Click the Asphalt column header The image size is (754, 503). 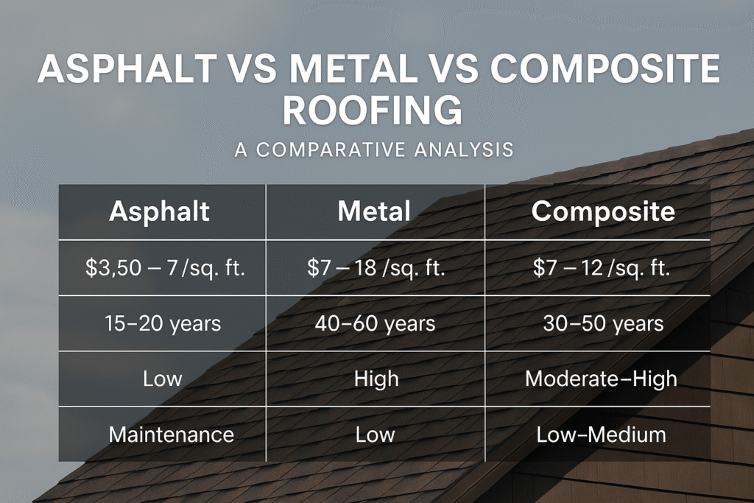coord(160,212)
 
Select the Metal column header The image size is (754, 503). coord(374,212)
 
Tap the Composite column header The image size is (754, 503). coord(603,212)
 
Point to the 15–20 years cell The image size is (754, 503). coord(164,323)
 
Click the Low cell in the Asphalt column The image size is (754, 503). coord(162,379)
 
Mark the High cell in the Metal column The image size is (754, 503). coord(376,379)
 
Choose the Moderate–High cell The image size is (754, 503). coord(601,379)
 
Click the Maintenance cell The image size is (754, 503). coord(171,434)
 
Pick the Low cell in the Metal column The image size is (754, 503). coord(376,434)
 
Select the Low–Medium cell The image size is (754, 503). coord(601,434)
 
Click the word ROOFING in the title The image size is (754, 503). coord(373,111)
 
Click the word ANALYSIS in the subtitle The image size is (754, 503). coord(463,150)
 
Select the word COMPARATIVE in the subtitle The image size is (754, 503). coord(331,150)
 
